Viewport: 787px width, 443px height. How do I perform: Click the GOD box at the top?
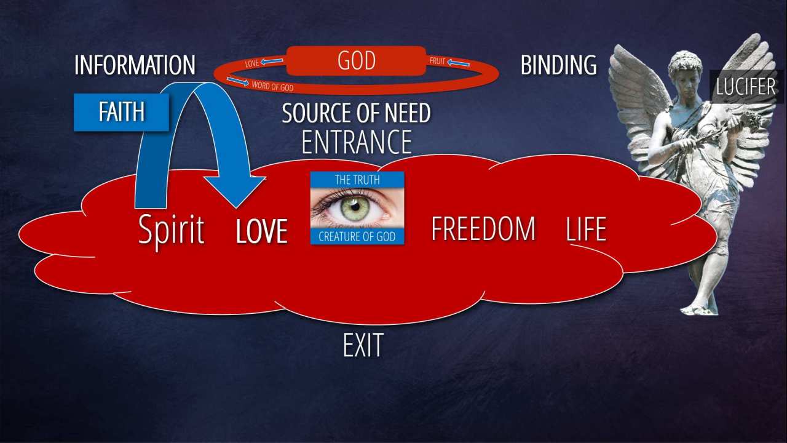pos(356,61)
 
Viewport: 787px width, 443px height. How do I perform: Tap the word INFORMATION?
pos(135,65)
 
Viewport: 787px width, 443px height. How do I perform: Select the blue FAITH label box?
pos(121,112)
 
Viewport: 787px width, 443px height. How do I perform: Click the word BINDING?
pos(558,65)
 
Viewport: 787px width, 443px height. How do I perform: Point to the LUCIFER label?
pos(746,87)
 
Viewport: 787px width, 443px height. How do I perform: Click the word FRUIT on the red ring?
pos(437,62)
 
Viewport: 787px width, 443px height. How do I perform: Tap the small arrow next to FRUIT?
pos(458,63)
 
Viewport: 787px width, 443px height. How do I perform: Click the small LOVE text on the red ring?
pos(251,63)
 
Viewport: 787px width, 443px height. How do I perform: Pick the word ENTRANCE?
pos(356,142)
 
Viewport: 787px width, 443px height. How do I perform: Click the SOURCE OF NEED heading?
pos(356,113)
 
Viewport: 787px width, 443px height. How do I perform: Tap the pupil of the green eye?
pos(355,207)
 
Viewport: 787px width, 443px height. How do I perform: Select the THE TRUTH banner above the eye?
pos(357,180)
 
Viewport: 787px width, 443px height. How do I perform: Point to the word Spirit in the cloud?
pos(171,230)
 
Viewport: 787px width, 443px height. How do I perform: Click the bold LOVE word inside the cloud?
pos(262,231)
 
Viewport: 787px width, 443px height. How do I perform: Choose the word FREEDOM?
pos(483,229)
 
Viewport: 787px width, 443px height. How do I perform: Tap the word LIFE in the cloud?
pos(586,229)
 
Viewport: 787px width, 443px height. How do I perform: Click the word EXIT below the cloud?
pos(363,346)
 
